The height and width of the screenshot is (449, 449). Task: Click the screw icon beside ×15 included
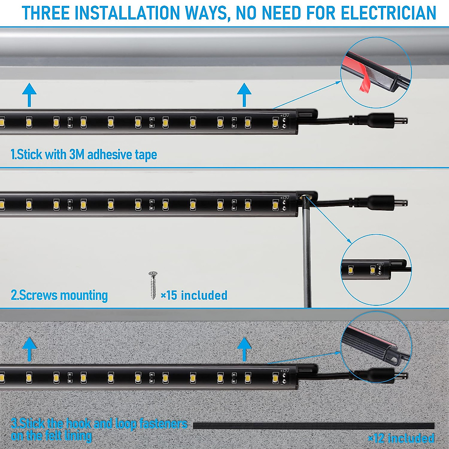153,285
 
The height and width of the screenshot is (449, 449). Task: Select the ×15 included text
194,295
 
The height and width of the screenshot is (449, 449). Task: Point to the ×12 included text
401,438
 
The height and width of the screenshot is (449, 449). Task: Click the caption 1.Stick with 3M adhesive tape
84,154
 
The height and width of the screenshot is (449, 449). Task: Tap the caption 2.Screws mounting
59,295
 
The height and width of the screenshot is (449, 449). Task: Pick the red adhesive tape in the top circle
364,80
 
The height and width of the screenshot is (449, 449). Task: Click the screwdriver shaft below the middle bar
306,254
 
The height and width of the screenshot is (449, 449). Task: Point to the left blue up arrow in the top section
29,94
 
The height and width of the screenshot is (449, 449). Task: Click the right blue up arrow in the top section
244,94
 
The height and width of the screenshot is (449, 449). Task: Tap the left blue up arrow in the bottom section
29,348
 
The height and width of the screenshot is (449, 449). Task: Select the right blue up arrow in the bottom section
244,348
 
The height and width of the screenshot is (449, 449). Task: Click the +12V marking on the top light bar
284,116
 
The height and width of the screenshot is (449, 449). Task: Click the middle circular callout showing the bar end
376,269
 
